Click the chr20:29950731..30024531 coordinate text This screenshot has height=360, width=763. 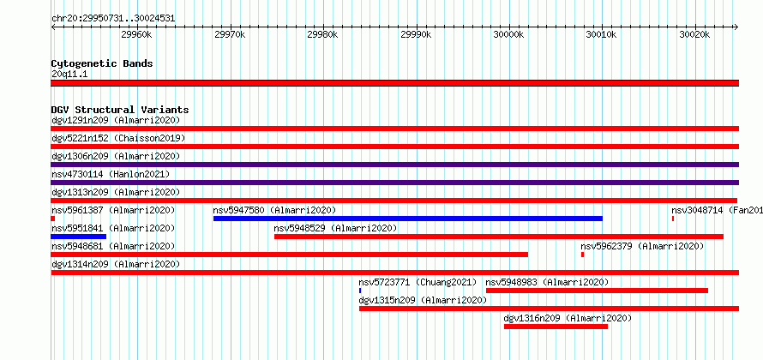(113, 19)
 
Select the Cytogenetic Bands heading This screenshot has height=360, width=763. (102, 63)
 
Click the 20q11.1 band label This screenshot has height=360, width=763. (69, 75)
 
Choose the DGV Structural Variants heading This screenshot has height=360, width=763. (120, 110)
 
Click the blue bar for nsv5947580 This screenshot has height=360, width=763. (408, 219)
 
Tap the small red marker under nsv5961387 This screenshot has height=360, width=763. (52, 219)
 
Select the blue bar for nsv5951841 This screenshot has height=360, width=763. (78, 237)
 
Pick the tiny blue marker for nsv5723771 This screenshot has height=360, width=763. (360, 291)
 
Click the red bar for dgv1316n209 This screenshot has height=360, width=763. (556, 327)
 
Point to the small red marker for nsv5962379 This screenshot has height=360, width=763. (582, 255)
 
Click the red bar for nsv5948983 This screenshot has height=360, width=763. (597, 291)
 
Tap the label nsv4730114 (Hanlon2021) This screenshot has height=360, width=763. (111, 174)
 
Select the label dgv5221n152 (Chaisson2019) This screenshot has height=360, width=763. (118, 138)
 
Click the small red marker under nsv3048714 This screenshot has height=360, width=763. (673, 219)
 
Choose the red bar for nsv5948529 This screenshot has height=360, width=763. (499, 237)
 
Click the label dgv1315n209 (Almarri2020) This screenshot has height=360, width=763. (423, 300)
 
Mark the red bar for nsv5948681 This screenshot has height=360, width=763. (290, 255)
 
